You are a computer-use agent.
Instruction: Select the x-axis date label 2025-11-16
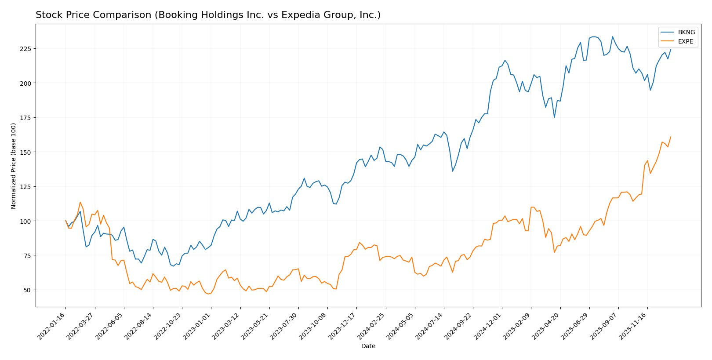click(634, 326)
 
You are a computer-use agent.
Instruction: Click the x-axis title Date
click(368, 346)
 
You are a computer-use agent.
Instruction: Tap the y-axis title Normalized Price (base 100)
click(14, 166)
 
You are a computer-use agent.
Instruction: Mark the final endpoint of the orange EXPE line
click(671, 137)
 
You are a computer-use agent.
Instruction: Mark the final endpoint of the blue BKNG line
click(671, 49)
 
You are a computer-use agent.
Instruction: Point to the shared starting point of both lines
click(65, 221)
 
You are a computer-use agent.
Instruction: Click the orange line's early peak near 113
click(80, 202)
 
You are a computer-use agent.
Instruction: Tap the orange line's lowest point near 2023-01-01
click(208, 294)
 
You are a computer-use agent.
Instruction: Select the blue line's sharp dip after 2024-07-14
click(453, 171)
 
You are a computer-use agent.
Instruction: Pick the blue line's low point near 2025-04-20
click(554, 117)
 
